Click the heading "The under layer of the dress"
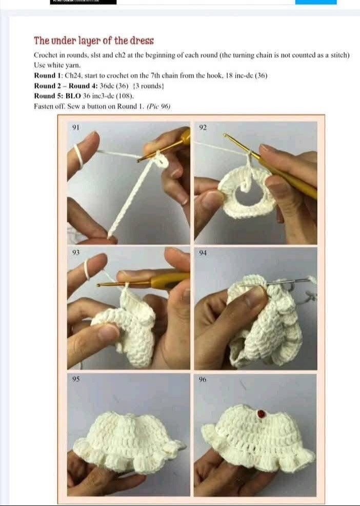point(94,41)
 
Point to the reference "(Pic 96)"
point(158,106)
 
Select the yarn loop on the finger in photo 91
point(78,152)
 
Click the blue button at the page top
point(316,2)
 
